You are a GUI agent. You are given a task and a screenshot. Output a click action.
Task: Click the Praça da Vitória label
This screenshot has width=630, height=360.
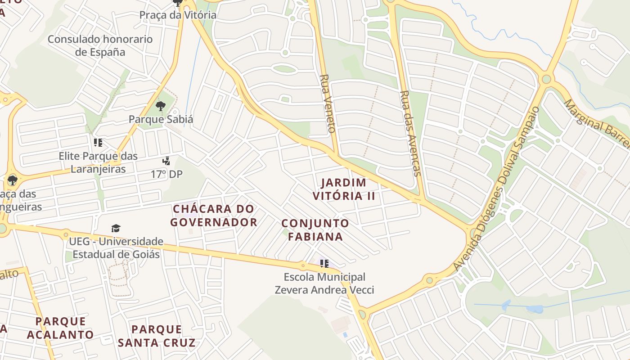pyautogui.click(x=178, y=15)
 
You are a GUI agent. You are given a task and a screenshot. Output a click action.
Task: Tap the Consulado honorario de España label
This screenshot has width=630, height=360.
pyautogui.click(x=100, y=45)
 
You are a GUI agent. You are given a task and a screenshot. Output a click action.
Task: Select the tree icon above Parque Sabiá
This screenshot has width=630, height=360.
pyautogui.click(x=160, y=106)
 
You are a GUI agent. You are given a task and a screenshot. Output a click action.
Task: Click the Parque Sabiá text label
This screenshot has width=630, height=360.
pyautogui.click(x=161, y=119)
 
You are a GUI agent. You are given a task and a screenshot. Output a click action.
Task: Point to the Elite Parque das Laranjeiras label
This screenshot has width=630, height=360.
pyautogui.click(x=98, y=162)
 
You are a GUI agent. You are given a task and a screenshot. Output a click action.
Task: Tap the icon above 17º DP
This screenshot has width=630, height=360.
pyautogui.click(x=166, y=161)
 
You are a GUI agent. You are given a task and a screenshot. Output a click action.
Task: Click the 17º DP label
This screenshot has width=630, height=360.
pyautogui.click(x=166, y=174)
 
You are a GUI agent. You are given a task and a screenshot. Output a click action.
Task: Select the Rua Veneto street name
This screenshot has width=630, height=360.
pyautogui.click(x=327, y=103)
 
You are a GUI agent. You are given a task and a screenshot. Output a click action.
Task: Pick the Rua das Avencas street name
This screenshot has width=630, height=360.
pyautogui.click(x=410, y=133)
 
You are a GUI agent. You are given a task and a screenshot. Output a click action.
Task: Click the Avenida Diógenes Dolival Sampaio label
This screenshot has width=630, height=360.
pyautogui.click(x=496, y=189)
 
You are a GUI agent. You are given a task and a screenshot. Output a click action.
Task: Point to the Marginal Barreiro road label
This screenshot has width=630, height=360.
pyautogui.click(x=596, y=124)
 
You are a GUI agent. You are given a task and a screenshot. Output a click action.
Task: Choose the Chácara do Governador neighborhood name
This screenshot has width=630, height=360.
pyautogui.click(x=214, y=216)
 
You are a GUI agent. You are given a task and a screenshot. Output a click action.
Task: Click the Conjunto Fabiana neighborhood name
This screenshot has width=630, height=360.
pyautogui.click(x=315, y=230)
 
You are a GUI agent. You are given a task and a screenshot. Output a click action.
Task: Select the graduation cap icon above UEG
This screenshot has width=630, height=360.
pyautogui.click(x=116, y=228)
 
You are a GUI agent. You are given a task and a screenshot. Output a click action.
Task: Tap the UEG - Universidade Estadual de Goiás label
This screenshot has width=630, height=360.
pyautogui.click(x=116, y=248)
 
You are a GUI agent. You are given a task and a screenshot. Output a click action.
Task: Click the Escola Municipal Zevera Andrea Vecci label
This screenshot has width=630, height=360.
pyautogui.click(x=324, y=283)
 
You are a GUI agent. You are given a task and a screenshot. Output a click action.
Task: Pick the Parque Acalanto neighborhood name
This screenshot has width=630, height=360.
pyautogui.click(x=60, y=328)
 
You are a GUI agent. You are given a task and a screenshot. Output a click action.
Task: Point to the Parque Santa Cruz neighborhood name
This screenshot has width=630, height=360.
pyautogui.click(x=157, y=336)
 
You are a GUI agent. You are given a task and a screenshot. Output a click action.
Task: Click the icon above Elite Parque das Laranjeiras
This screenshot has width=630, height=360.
pyautogui.click(x=98, y=143)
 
